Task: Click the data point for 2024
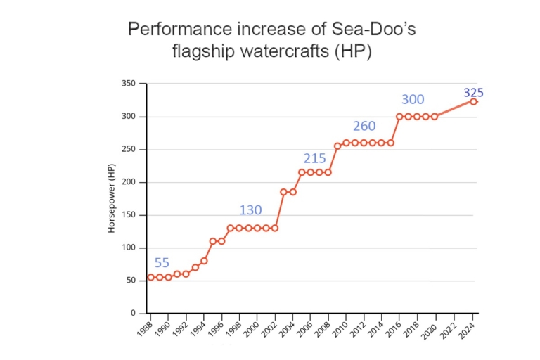473,101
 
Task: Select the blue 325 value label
473,93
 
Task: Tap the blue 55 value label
162,263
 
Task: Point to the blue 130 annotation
250,210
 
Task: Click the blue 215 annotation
314,158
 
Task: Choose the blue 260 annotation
364,127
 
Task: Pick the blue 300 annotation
413,99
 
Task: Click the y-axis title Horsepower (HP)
112,199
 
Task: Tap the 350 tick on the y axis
129,84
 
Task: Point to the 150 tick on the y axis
129,215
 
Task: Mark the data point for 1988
150,278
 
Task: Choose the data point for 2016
399,117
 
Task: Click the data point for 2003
284,192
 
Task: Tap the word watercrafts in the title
284,51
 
